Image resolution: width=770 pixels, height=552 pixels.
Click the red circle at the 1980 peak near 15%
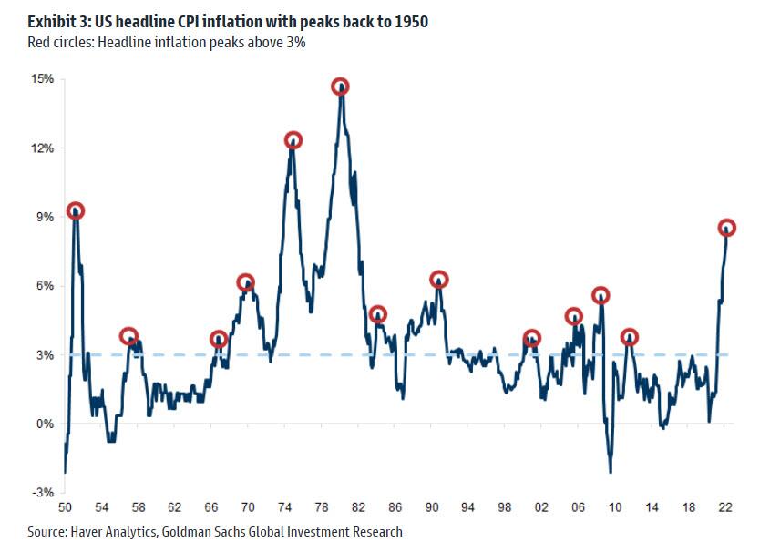[x=340, y=87]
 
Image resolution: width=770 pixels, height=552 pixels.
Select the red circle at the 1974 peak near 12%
[x=293, y=140]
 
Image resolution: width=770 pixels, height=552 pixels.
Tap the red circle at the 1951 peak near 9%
[x=76, y=211]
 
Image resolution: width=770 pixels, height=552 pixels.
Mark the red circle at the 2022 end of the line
[x=726, y=228]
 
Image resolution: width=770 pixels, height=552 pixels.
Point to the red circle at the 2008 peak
[x=601, y=295]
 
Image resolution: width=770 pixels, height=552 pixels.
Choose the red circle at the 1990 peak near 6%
[x=438, y=280]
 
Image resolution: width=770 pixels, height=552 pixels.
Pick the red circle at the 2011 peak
[x=629, y=337]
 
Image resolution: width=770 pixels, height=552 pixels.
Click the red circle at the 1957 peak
[x=128, y=336]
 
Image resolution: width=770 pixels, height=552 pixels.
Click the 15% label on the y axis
[x=43, y=80]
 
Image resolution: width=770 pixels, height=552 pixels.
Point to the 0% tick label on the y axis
[x=46, y=424]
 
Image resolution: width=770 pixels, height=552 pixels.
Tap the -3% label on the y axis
[x=44, y=493]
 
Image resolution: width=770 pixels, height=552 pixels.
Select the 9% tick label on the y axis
[x=46, y=218]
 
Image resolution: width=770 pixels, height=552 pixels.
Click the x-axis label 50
[x=65, y=506]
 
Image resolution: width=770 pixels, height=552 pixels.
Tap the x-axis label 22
[x=725, y=506]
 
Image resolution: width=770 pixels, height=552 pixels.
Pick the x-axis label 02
[x=541, y=506]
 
